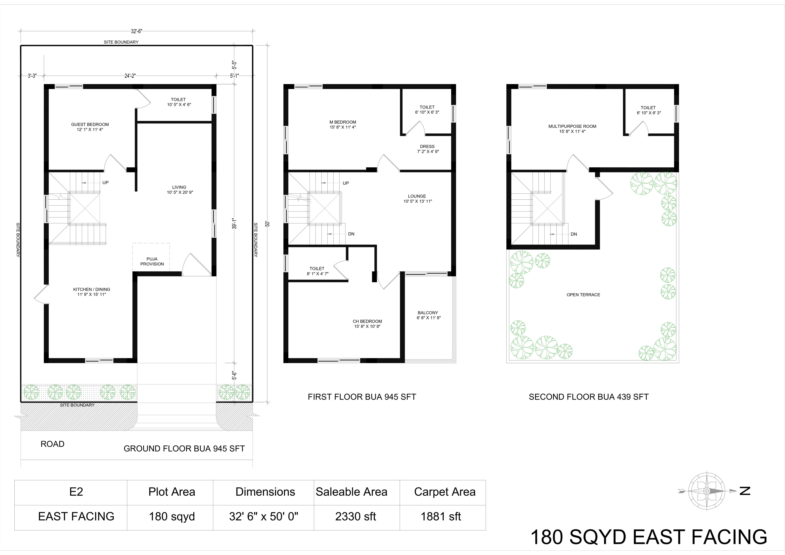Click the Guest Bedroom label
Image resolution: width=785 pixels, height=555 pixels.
[90, 127]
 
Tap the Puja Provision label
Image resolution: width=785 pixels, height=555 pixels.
[152, 261]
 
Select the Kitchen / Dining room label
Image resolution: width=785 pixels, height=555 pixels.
[92, 292]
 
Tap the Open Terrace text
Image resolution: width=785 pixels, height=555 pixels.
[583, 295]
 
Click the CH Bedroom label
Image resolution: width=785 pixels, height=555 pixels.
[367, 324]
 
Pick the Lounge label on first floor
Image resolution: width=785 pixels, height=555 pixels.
[417, 199]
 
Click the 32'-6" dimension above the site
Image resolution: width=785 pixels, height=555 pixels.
[136, 31]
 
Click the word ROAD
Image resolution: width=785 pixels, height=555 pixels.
[52, 444]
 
